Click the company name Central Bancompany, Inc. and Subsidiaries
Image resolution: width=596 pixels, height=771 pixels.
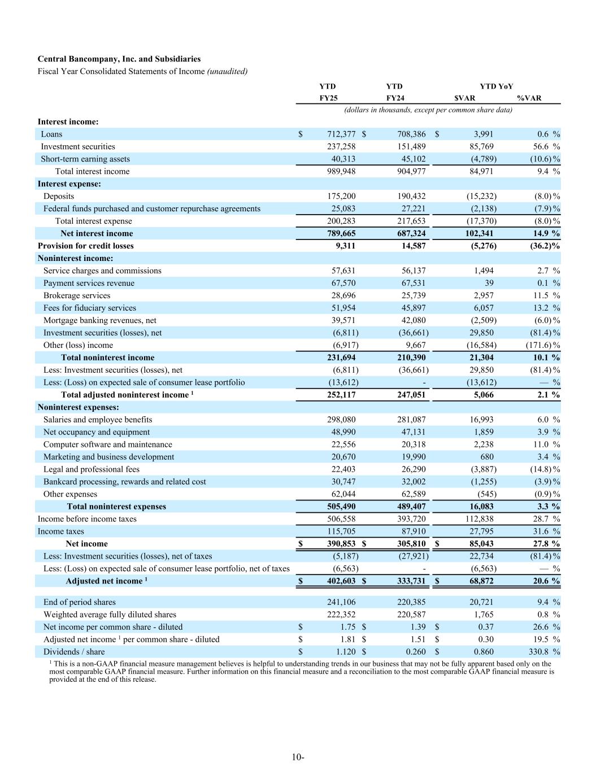pyautogui.click(x=119, y=59)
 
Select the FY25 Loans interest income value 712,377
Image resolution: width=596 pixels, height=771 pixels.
pyautogui.click(x=341, y=134)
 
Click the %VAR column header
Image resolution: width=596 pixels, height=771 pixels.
pyautogui.click(x=529, y=98)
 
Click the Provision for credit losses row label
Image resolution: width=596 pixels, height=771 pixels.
pyautogui.click(x=85, y=246)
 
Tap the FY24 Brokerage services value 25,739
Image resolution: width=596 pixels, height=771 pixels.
pyautogui.click(x=412, y=295)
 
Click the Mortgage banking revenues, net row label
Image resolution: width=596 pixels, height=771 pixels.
pyautogui.click(x=100, y=320)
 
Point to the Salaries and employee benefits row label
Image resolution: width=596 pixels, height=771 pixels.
pyautogui.click(x=98, y=420)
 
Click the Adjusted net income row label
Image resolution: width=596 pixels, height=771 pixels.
pyautogui.click(x=104, y=581)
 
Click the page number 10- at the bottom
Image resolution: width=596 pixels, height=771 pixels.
pyautogui.click(x=298, y=757)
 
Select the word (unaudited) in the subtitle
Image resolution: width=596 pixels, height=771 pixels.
pyautogui.click(x=227, y=71)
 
